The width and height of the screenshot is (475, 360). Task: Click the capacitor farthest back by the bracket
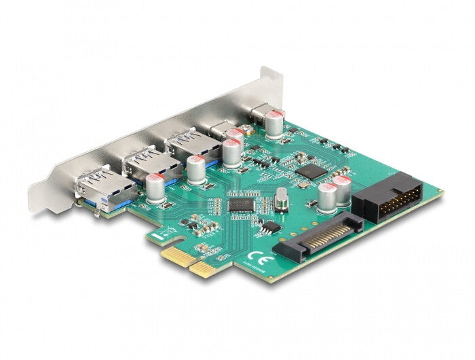pyautogui.click(x=274, y=124)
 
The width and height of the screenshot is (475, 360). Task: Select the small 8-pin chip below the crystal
pyautogui.click(x=270, y=227)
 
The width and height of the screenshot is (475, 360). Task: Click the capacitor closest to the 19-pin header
pyautogui.click(x=342, y=190)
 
